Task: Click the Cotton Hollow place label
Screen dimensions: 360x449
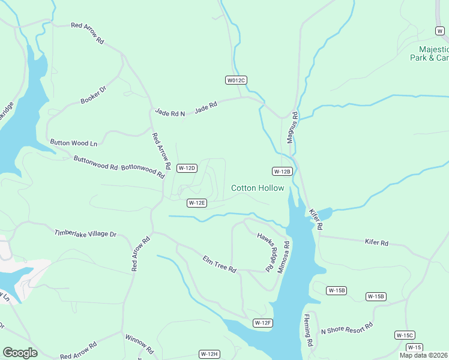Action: click(x=258, y=188)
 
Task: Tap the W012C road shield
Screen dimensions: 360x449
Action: click(x=237, y=80)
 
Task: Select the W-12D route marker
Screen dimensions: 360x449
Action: click(x=187, y=168)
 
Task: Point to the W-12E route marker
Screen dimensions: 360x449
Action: click(x=197, y=203)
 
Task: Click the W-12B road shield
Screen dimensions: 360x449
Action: click(x=282, y=171)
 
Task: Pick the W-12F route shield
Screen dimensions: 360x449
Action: click(x=263, y=323)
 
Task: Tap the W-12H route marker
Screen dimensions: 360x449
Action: click(x=209, y=354)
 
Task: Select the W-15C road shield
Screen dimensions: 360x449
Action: click(x=405, y=335)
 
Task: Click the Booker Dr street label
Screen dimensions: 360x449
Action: click(x=93, y=95)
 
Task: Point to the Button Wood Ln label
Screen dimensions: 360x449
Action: click(x=74, y=143)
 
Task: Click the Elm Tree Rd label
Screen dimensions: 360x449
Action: click(x=220, y=263)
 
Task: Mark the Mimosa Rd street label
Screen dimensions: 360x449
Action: click(x=283, y=257)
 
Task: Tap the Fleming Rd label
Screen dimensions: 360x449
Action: click(x=308, y=331)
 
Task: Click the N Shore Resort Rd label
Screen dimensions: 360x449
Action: click(x=347, y=328)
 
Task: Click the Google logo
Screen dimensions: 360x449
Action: click(x=20, y=353)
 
